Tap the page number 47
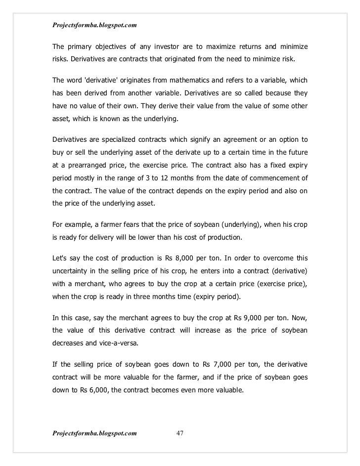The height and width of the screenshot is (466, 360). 180,433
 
